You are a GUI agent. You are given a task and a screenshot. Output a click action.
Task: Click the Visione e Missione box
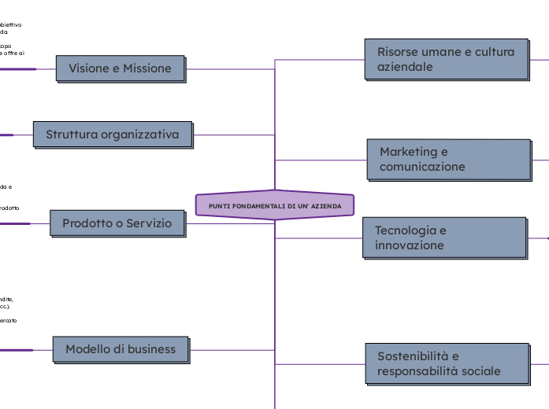(x=120, y=68)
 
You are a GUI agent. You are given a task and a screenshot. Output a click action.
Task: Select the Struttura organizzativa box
(x=112, y=134)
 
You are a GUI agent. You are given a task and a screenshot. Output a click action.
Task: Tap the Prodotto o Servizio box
(x=117, y=223)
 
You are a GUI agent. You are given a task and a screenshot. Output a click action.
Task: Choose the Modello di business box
(x=121, y=349)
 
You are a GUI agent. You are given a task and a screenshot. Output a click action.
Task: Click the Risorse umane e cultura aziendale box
(x=446, y=59)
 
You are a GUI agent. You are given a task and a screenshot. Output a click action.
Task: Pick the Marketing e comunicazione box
(x=448, y=159)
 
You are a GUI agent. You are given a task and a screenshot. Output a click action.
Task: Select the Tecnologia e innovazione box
(x=444, y=238)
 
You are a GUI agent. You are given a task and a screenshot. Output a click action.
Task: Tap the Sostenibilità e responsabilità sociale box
(x=447, y=363)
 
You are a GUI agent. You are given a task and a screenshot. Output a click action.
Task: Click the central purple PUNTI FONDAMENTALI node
(x=275, y=205)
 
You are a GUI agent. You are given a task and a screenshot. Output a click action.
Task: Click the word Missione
(x=147, y=68)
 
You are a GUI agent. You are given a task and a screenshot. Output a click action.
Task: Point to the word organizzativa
(x=139, y=134)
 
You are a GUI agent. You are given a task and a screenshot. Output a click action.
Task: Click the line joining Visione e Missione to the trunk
(x=229, y=69)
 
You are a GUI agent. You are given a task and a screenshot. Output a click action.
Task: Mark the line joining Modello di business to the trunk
(x=232, y=350)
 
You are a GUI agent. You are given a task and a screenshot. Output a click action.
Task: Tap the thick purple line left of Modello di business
(x=17, y=350)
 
